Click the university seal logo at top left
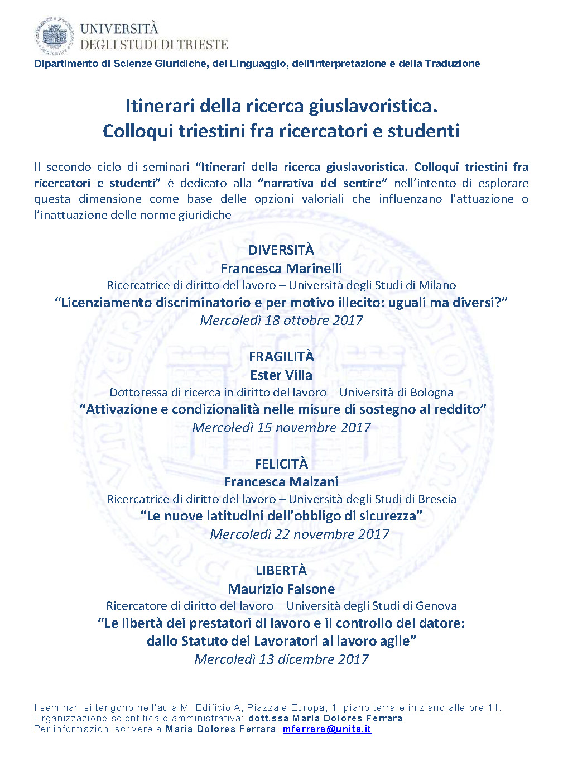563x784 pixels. [x=54, y=36]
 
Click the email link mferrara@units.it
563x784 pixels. [x=327, y=729]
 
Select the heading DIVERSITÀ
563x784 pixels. [x=281, y=250]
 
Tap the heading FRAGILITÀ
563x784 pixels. [x=281, y=357]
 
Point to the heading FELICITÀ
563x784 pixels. [x=281, y=464]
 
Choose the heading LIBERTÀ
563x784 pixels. [x=281, y=571]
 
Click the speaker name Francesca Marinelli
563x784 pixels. [x=281, y=269]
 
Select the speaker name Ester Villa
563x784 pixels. [x=281, y=375]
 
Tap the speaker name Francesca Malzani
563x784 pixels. [x=281, y=482]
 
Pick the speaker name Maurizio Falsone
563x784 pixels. [x=281, y=589]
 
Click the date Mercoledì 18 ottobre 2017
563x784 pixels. [x=281, y=321]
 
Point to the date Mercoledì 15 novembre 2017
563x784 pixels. [x=281, y=428]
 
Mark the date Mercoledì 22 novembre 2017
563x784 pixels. [x=299, y=534]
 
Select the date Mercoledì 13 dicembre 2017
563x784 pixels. [x=281, y=659]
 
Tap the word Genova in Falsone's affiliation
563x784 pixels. [x=436, y=606]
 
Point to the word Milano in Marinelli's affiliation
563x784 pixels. [x=437, y=285]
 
